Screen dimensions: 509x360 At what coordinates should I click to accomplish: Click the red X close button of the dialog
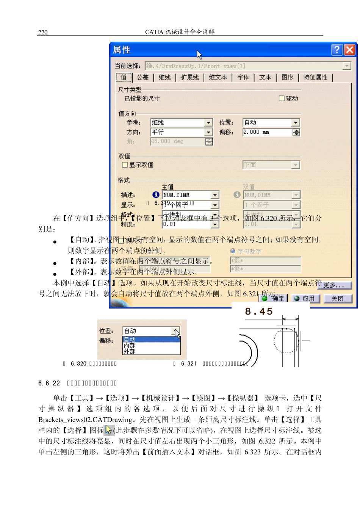point(350,50)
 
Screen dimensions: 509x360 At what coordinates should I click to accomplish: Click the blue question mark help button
point(337,50)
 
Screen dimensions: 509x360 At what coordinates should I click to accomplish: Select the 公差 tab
point(143,77)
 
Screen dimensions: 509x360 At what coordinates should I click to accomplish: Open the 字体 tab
point(243,77)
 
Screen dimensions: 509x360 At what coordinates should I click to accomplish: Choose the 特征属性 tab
point(315,77)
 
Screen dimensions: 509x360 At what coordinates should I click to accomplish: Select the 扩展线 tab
point(189,77)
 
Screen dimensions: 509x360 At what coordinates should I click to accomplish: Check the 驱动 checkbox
point(282,99)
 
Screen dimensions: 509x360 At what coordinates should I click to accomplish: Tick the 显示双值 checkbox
point(125,165)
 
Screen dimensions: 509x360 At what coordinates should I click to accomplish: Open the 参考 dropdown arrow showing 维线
point(208,123)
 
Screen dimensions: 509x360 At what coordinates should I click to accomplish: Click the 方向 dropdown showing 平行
point(181,132)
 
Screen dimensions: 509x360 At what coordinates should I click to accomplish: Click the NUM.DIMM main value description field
point(186,195)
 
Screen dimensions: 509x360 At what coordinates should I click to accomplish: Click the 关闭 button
point(337,299)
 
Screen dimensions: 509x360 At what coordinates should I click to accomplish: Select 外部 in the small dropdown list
point(130,351)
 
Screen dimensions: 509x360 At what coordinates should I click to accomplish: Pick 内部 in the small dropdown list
point(130,345)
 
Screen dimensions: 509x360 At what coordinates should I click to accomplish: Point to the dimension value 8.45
point(259,312)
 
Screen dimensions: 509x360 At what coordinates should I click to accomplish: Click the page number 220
point(43,32)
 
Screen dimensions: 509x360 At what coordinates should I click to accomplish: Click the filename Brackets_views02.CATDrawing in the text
point(85,420)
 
